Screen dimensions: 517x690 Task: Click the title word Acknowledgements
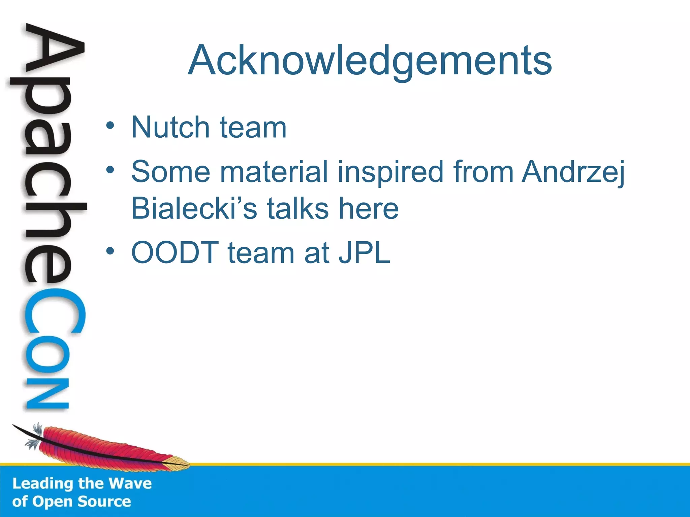click(x=370, y=61)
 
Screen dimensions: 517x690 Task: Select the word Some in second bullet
click(x=170, y=172)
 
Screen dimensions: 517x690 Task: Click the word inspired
click(x=390, y=172)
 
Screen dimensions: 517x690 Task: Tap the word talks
click(x=298, y=209)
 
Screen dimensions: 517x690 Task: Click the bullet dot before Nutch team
click(x=110, y=126)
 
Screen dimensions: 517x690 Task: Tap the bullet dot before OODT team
click(x=110, y=251)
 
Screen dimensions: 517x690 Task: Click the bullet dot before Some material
click(x=110, y=170)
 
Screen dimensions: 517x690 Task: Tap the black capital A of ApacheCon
click(x=54, y=50)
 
